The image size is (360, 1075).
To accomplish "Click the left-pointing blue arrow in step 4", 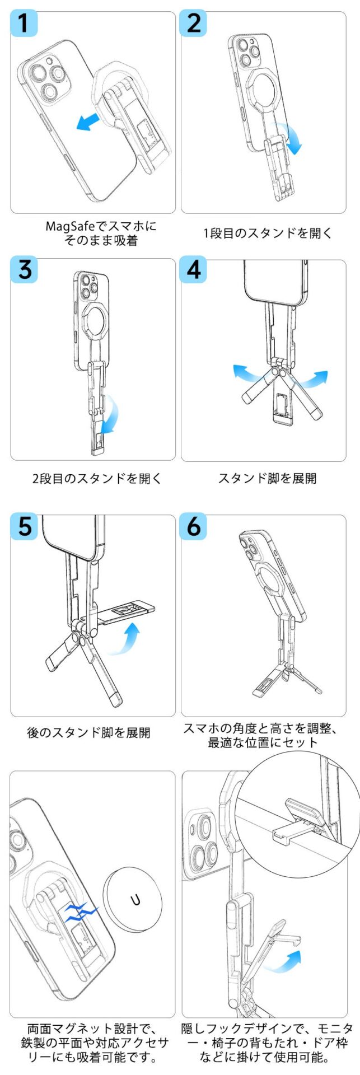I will [248, 372].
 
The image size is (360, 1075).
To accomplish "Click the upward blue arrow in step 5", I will [125, 637].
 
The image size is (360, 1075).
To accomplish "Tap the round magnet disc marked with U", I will [135, 900].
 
